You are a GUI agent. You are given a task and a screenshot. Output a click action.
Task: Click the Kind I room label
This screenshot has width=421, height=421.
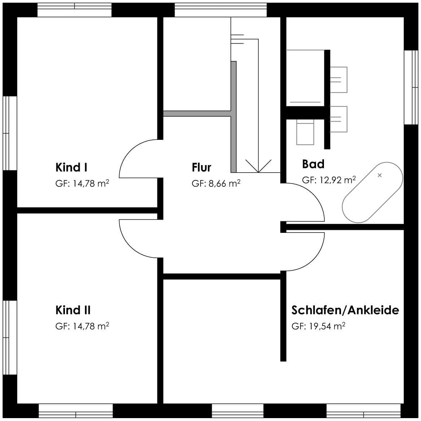[71, 167]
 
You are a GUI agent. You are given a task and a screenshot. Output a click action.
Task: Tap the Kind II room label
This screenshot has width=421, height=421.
[73, 310]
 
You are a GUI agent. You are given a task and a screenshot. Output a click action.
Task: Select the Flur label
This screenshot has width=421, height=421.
[202, 167]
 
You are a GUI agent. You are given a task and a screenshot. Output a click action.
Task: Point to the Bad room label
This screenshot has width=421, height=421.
[313, 164]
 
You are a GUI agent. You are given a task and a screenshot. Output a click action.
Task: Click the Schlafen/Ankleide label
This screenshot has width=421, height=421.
[345, 310]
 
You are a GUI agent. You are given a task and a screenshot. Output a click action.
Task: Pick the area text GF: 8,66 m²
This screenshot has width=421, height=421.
[216, 183]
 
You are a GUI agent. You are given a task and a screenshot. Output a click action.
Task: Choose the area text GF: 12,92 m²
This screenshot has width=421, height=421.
[329, 180]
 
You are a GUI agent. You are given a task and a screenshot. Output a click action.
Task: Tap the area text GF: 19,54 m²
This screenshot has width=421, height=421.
[319, 326]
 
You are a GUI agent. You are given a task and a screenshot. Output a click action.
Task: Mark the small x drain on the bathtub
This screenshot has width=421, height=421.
[380, 175]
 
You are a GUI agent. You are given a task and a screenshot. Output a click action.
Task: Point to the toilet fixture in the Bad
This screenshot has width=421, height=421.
[305, 132]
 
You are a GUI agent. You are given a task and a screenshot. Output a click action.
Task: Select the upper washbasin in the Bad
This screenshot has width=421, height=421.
[338, 80]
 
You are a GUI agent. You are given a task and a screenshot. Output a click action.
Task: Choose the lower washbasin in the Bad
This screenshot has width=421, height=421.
[338, 119]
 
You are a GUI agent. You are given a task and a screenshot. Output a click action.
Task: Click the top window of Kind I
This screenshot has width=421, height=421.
[74, 10]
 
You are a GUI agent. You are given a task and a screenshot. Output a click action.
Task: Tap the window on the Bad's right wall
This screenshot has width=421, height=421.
[411, 87]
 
